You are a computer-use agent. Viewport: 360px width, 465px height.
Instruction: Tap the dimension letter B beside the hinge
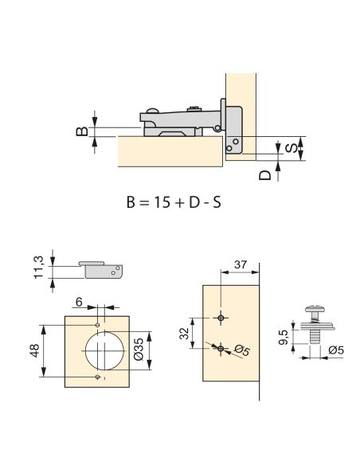82,131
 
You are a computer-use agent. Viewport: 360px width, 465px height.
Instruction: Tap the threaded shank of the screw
313,336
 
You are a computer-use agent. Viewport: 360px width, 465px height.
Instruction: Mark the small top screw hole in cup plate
97,325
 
